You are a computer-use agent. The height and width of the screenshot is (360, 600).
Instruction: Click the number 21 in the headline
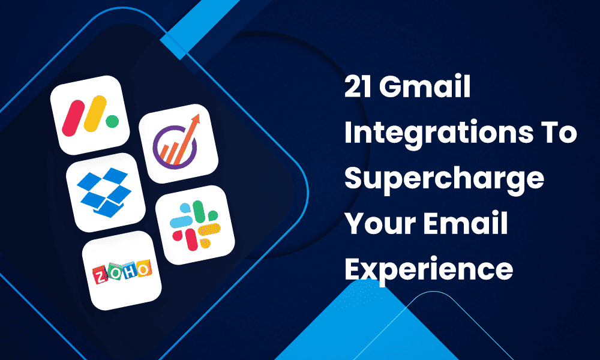point(358,87)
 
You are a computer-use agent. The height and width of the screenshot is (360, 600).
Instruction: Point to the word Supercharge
point(444,179)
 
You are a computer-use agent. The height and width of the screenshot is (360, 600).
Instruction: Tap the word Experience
point(428,270)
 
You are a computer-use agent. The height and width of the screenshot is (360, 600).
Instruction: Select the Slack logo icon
point(195,226)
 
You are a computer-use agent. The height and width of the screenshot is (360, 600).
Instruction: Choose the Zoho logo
point(122,271)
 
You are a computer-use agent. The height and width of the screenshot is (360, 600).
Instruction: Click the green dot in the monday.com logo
point(112,122)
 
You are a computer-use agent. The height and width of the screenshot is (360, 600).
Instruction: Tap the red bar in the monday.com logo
point(73,118)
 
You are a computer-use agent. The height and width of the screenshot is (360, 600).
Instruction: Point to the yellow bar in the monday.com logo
point(95,113)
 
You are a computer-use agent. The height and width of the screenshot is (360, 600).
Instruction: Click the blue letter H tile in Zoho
point(129,271)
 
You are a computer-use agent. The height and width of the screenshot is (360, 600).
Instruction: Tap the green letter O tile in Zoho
point(115,272)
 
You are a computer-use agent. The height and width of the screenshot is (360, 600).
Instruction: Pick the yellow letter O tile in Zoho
point(144,269)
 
